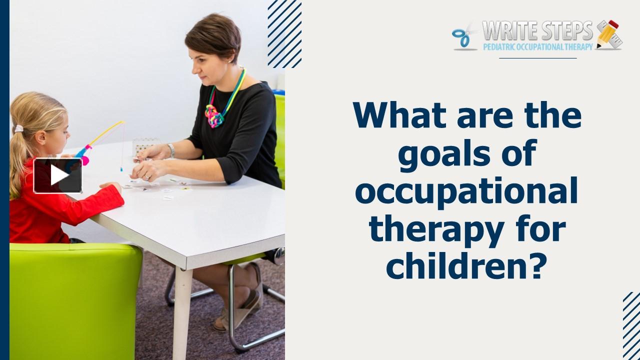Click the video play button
[58, 175]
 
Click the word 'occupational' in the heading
[466, 192]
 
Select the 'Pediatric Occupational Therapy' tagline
[537, 46]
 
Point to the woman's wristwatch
[171, 150]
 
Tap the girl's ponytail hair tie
[18, 129]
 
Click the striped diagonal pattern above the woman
[284, 33]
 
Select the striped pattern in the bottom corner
[631, 325]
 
